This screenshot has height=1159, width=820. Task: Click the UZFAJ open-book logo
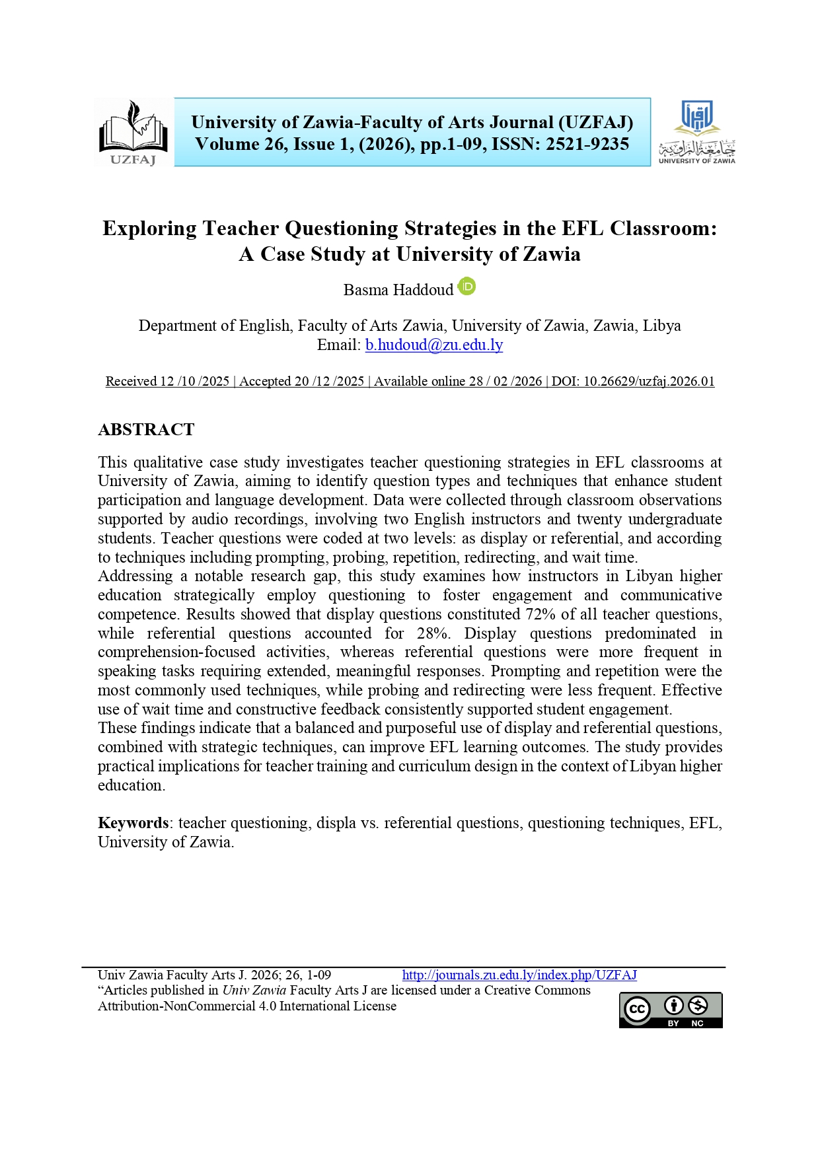pos(133,132)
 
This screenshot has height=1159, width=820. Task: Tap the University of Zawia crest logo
pos(696,132)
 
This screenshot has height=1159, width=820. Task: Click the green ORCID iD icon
pos(467,287)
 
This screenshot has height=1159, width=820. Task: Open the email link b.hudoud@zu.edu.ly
pos(434,345)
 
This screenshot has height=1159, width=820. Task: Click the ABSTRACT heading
pos(146,429)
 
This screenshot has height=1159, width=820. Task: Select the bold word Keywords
pos(133,823)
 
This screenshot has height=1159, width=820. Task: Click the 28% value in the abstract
pos(433,633)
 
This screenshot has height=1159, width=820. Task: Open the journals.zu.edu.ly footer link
pos(519,975)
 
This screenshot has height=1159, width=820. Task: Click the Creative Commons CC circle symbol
pos(638,1009)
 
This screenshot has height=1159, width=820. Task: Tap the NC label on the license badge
pos(697,1023)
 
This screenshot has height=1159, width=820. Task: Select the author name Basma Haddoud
pos(398,290)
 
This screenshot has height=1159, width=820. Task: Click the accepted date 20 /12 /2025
pos(329,381)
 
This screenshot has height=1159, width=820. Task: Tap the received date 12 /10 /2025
pos(194,381)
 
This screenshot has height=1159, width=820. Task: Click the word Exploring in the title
pos(149,228)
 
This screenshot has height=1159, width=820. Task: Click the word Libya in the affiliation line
pos(661,326)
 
